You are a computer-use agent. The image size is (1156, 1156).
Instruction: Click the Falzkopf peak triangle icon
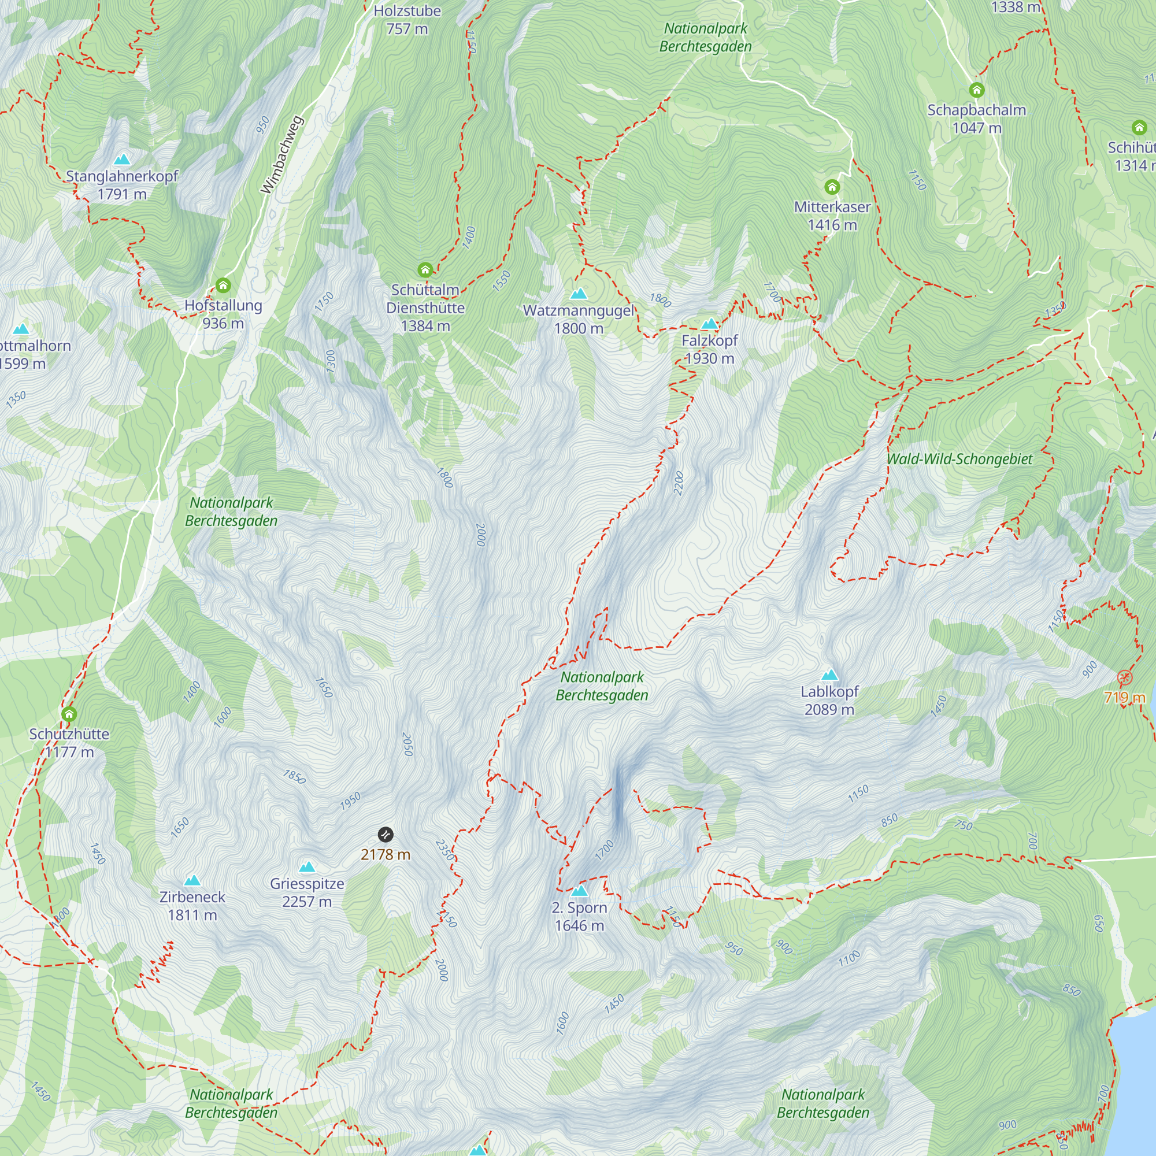click(x=709, y=324)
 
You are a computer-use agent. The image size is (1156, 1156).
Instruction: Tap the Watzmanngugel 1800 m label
click(x=578, y=319)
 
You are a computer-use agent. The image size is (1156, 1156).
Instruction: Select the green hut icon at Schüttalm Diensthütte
click(x=425, y=269)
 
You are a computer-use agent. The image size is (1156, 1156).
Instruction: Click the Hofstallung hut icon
click(x=223, y=285)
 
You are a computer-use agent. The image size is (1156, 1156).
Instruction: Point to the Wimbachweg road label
click(x=282, y=155)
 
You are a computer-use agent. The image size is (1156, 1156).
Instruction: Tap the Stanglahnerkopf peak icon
click(x=122, y=159)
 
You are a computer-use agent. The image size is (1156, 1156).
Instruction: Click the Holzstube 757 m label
click(x=407, y=19)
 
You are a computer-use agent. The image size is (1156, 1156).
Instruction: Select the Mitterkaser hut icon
click(x=832, y=187)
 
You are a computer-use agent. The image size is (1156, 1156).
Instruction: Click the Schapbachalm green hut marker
click(x=976, y=90)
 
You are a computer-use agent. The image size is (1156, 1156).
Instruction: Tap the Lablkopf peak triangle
click(x=829, y=676)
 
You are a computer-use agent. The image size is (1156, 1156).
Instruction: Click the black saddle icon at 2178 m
click(x=386, y=834)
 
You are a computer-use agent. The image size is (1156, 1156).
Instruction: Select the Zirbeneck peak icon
click(x=192, y=880)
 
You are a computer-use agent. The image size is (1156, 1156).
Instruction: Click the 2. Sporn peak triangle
click(x=579, y=891)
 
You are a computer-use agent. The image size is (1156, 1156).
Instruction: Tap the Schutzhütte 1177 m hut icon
click(x=69, y=714)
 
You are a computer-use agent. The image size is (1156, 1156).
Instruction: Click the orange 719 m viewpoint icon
click(x=1125, y=677)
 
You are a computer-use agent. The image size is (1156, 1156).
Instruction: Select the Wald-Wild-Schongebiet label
click(x=959, y=459)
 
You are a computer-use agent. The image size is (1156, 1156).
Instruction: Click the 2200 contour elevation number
click(x=679, y=483)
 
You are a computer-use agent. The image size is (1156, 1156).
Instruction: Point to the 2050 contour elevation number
click(x=407, y=744)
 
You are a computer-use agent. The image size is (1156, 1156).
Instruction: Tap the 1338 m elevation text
click(x=1016, y=7)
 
